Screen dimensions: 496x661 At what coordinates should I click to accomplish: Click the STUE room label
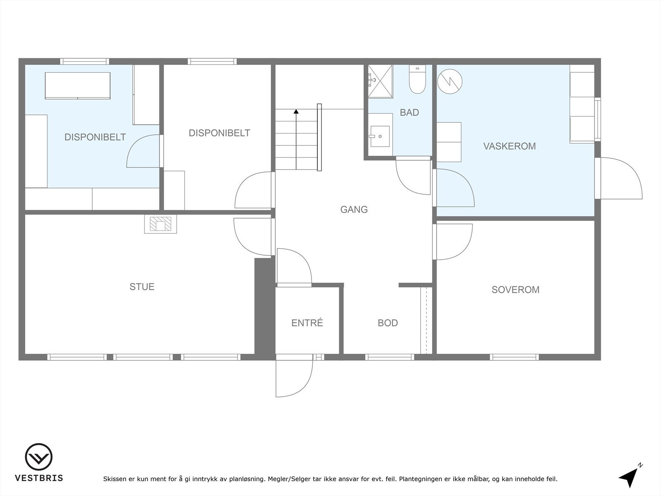pyautogui.click(x=142, y=286)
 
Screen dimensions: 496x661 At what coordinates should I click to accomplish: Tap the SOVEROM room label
pyautogui.click(x=515, y=290)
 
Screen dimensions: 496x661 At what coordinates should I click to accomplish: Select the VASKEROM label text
pyautogui.click(x=509, y=146)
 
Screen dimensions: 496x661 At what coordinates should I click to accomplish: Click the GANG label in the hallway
pyautogui.click(x=354, y=210)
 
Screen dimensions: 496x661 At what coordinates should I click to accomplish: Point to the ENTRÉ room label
pyautogui.click(x=307, y=323)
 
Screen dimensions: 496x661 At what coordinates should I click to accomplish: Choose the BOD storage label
pyautogui.click(x=388, y=323)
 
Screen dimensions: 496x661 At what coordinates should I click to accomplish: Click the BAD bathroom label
pyautogui.click(x=409, y=112)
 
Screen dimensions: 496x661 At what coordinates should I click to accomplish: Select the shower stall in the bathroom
pyautogui.click(x=380, y=81)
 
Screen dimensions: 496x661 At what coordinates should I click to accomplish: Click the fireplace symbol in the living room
pyautogui.click(x=160, y=224)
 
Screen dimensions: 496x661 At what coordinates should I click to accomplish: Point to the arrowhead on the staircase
pyautogui.click(x=296, y=111)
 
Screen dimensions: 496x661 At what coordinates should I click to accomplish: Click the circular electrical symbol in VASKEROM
pyautogui.click(x=449, y=81)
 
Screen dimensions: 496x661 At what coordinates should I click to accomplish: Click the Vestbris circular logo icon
pyautogui.click(x=38, y=457)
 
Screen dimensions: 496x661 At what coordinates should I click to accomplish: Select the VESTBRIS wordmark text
pyautogui.click(x=39, y=478)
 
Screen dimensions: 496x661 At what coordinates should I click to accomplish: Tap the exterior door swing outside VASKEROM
pyautogui.click(x=620, y=178)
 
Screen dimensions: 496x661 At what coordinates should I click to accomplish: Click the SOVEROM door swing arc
pyautogui.click(x=453, y=242)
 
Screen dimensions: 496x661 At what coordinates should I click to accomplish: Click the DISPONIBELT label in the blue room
pyautogui.click(x=95, y=137)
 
